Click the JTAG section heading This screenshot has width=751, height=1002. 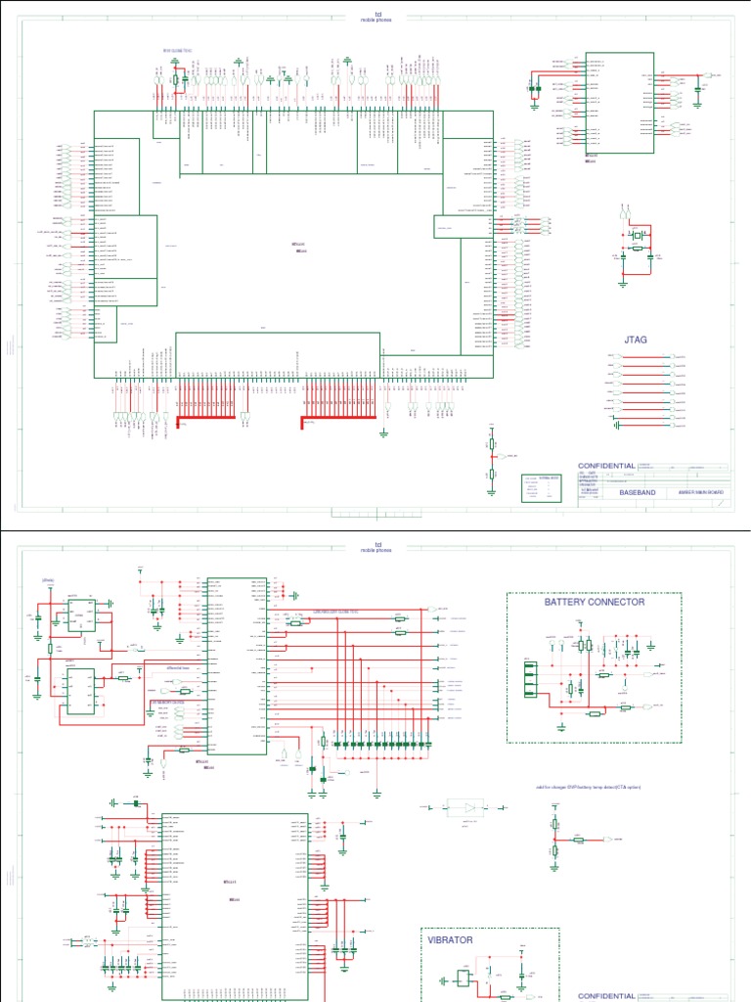tap(635, 341)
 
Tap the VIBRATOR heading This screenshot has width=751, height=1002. tap(451, 939)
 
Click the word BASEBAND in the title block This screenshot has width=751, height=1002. tap(637, 493)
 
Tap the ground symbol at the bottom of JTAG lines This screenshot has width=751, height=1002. tap(617, 424)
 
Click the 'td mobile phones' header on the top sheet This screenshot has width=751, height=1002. tap(376, 18)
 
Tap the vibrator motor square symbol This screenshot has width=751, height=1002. tap(461, 979)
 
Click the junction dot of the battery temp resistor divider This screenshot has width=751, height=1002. tap(554, 840)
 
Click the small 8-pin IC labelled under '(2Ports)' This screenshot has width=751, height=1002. tap(80, 615)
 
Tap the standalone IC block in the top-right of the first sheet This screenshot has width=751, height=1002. tap(619, 102)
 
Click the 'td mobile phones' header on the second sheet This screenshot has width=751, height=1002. tap(376, 548)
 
